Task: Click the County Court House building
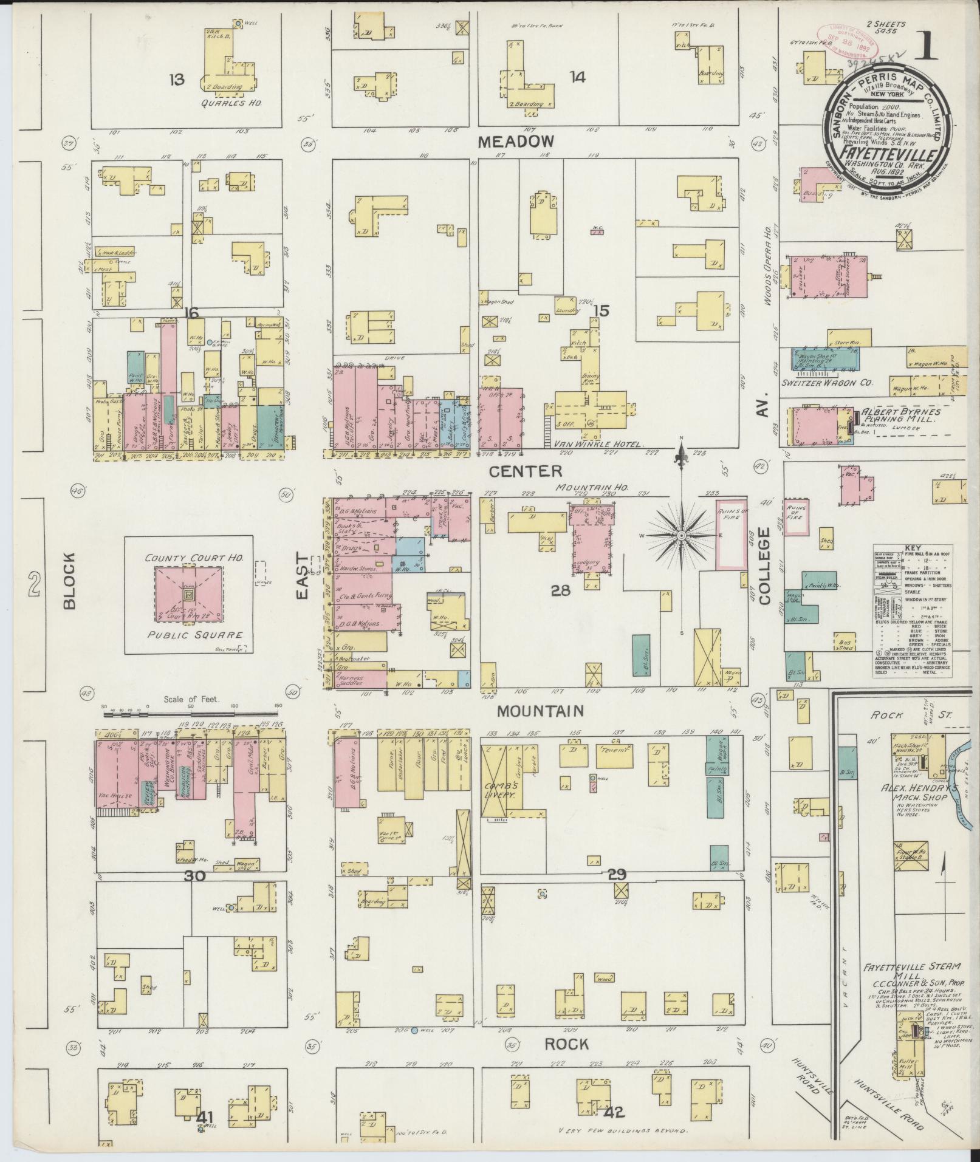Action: (190, 593)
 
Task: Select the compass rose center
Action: (682, 535)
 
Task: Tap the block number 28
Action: (560, 589)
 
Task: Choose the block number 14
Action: (577, 77)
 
